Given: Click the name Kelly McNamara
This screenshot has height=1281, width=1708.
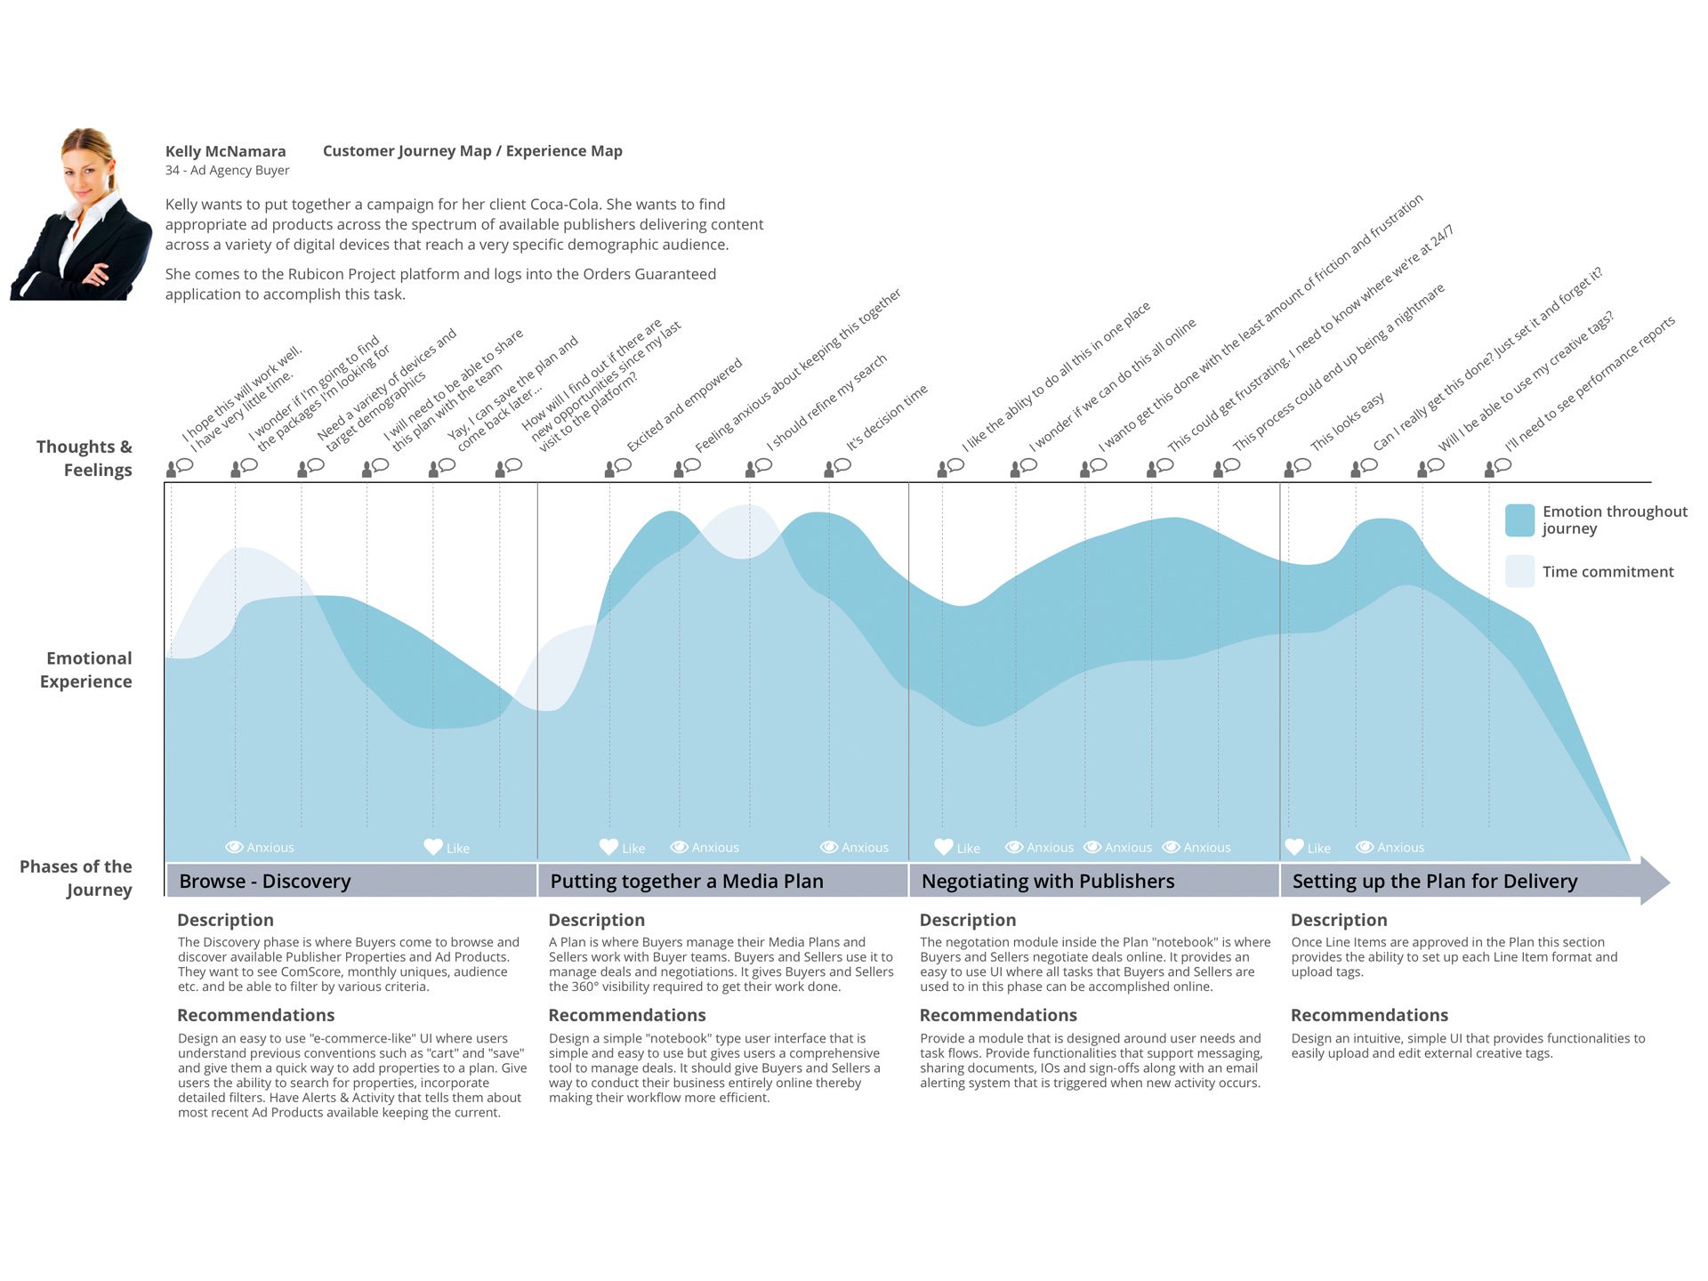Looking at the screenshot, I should click(225, 151).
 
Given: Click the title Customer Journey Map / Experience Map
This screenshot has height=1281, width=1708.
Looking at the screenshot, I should click(472, 151).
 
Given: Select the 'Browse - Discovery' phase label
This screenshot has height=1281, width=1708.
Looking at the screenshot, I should click(265, 881).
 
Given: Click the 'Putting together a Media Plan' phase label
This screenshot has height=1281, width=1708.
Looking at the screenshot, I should click(686, 881).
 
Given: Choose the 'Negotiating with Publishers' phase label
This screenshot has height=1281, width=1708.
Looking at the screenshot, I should click(1047, 881).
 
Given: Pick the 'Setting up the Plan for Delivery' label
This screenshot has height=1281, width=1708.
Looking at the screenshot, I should click(1434, 881).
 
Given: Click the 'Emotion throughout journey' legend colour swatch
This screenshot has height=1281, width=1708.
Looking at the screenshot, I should click(1519, 520).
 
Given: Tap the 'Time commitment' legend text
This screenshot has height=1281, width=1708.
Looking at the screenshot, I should click(1607, 572).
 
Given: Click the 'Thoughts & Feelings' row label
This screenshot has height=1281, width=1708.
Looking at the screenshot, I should click(85, 458).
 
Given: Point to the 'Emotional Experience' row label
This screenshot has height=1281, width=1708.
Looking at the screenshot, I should click(87, 670).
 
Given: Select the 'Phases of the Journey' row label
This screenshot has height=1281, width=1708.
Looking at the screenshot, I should click(77, 878).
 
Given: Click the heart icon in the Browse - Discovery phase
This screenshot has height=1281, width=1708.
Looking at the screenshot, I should click(433, 847).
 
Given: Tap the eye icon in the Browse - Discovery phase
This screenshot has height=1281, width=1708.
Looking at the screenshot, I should click(235, 847).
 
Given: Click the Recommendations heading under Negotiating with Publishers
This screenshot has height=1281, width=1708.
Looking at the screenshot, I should click(997, 1015).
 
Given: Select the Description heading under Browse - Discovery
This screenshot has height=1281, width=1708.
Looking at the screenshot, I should click(225, 920).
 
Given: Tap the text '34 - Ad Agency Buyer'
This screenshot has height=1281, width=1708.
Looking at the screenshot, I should click(227, 171).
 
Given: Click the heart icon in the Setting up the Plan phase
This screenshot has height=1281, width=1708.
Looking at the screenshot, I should click(1294, 847).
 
